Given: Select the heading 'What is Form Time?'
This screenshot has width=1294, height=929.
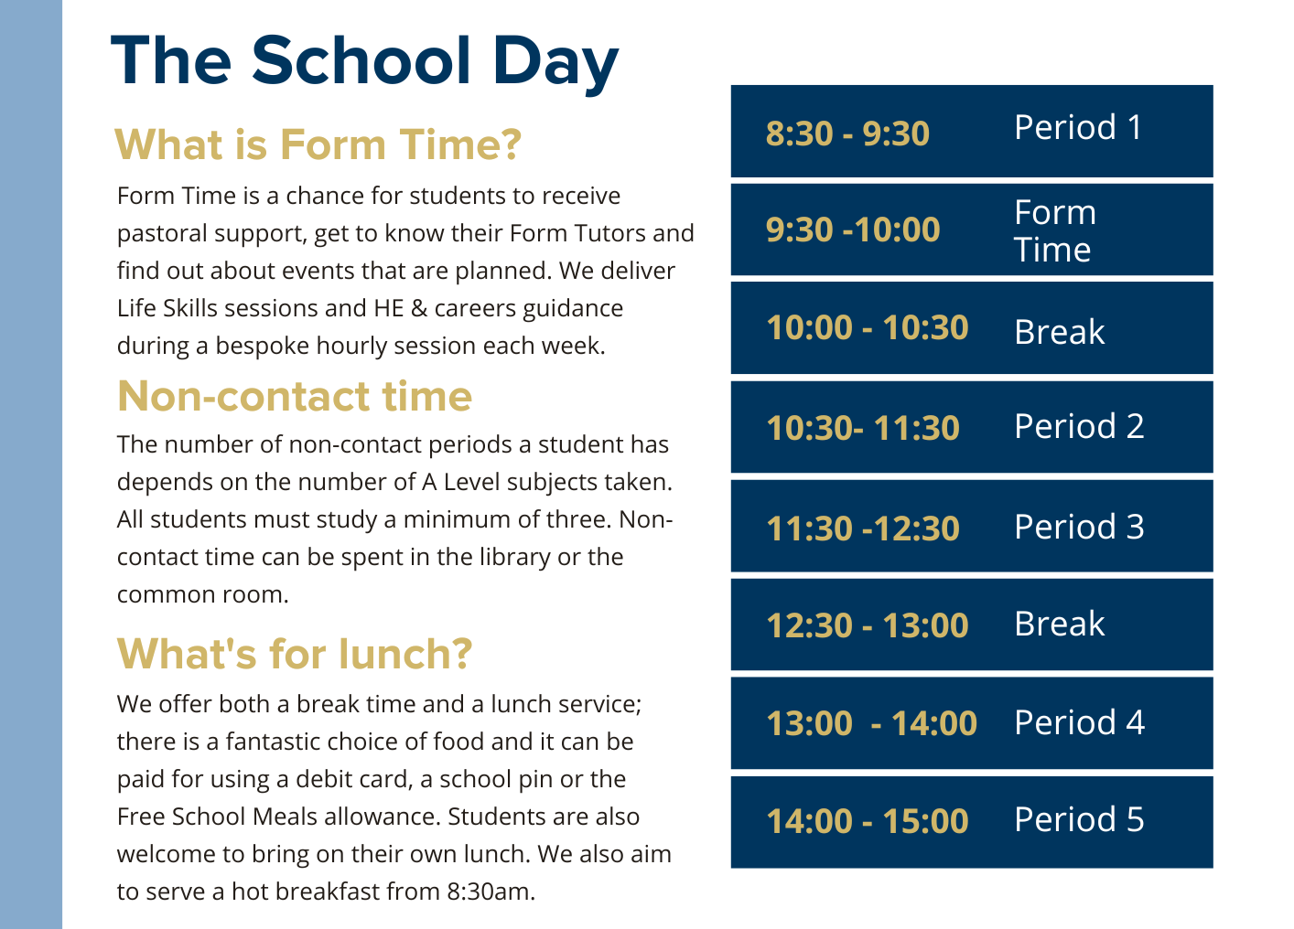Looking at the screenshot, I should tap(318, 144).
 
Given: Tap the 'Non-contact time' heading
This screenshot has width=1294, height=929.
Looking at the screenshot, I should tap(295, 396).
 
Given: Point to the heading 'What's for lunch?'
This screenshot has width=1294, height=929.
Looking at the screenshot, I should tap(295, 654).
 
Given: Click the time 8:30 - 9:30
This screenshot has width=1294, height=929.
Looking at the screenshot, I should tap(847, 133).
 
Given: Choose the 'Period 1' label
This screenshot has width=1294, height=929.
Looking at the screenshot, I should tap(1078, 128).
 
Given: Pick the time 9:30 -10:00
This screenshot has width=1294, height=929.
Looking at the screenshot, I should tap(853, 230).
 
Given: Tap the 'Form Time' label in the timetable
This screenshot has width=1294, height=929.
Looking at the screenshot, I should tap(1054, 231).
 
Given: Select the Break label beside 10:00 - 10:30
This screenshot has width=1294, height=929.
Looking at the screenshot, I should tap(1059, 332).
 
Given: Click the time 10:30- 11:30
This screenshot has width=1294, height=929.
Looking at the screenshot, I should tap(863, 428).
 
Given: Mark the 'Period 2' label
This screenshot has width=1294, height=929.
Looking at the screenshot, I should tap(1079, 426).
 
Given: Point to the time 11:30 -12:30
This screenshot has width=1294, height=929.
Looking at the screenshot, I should tap(863, 529).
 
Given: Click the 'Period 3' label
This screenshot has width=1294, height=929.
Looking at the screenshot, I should tap(1079, 527).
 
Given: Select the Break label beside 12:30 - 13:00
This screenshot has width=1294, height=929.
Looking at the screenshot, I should tap(1059, 624).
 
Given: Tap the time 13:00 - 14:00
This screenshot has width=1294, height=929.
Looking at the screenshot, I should tap(871, 723).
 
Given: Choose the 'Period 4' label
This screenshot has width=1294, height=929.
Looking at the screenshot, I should tap(1079, 722).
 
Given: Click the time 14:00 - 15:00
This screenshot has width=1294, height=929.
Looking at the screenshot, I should tap(867, 821).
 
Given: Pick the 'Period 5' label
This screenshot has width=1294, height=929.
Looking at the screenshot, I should tap(1079, 819).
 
